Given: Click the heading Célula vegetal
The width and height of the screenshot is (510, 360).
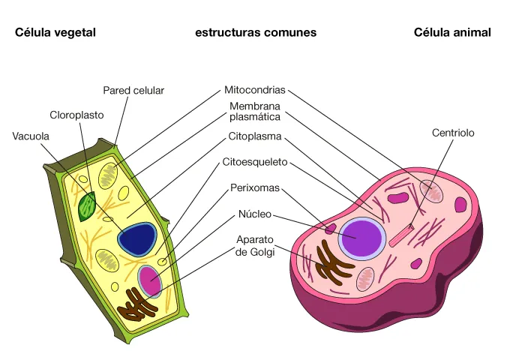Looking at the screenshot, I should click(x=55, y=32).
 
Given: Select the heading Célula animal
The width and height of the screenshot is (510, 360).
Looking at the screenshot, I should click(x=452, y=32).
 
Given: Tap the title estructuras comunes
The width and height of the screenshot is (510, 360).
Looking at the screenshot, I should click(x=256, y=32).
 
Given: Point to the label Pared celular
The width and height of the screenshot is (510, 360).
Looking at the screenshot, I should click(x=133, y=91).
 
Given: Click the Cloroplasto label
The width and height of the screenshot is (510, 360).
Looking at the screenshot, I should click(x=76, y=115).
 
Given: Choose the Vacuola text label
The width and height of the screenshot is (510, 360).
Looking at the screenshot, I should click(x=31, y=136).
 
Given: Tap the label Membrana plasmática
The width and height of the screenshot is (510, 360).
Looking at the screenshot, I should click(x=255, y=112).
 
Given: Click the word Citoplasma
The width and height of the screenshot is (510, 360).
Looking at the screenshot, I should click(x=255, y=137).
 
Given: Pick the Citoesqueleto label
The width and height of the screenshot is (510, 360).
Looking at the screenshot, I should click(x=255, y=161).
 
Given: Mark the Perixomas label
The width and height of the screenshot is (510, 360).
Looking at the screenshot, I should click(x=255, y=187).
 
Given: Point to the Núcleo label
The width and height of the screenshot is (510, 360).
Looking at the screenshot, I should click(x=255, y=214).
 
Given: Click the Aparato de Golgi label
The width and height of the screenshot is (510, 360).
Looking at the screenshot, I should click(x=255, y=245).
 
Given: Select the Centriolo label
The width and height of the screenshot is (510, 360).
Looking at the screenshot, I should click(x=453, y=133).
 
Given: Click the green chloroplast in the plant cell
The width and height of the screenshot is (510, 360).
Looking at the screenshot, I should click(x=88, y=206).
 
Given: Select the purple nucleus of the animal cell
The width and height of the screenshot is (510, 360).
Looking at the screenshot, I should click(x=361, y=238).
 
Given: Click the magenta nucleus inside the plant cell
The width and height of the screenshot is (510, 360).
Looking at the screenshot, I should click(x=150, y=280).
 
